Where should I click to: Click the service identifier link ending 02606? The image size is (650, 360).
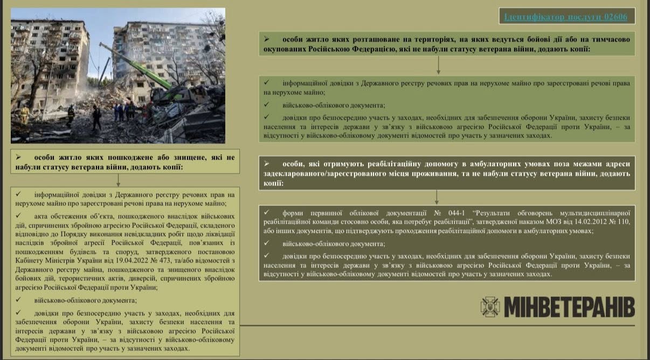coord(565,17)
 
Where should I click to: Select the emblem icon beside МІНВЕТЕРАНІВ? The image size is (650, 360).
coord(490,307)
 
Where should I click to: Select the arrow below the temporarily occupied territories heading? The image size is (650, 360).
coord(438,65)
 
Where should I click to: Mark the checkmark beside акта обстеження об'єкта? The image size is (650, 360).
coord(19,214)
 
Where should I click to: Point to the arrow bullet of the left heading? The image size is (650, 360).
coord(19,157)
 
